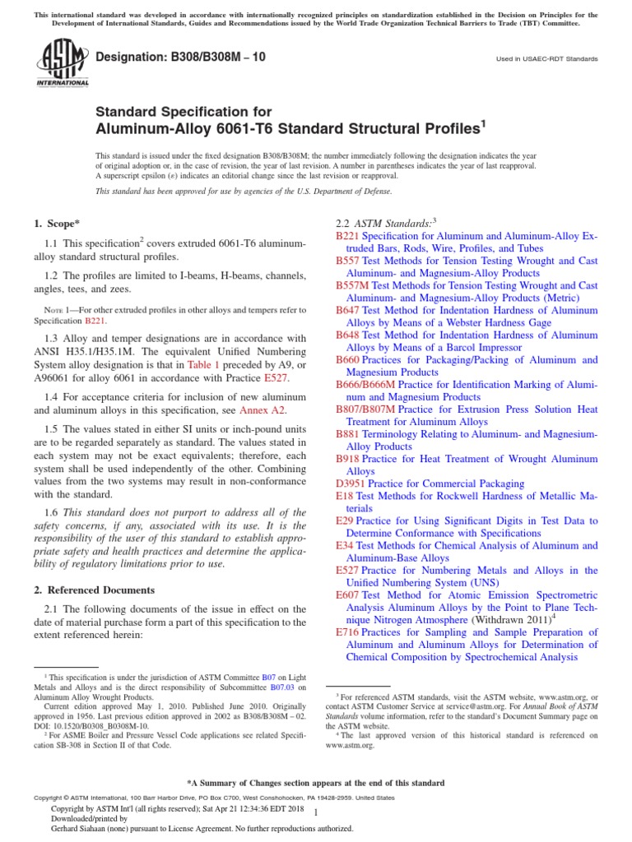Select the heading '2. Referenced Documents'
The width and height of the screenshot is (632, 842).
point(93,590)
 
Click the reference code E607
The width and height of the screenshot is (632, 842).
point(347,594)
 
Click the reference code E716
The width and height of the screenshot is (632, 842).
point(347,632)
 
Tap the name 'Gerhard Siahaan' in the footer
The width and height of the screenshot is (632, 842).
point(80,828)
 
